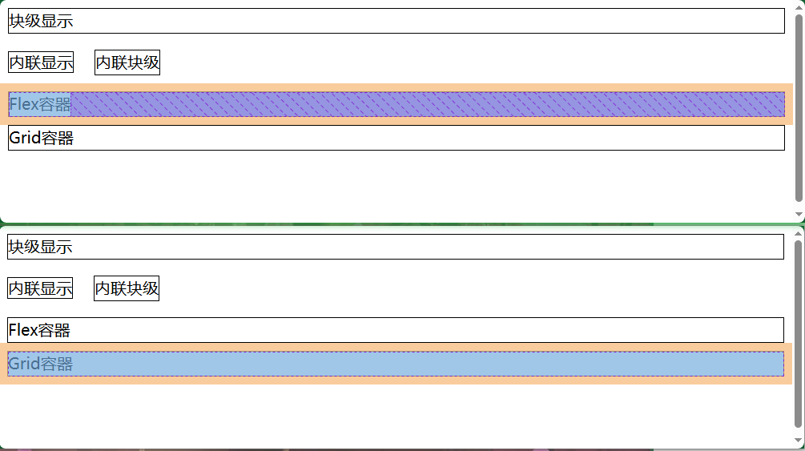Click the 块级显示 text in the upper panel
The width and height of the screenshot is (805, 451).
point(41,22)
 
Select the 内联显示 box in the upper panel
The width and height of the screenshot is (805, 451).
point(41,62)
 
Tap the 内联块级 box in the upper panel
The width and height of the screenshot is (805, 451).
point(127,62)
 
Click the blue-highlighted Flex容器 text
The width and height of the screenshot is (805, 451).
point(40,104)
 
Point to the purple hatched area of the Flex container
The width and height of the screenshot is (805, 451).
point(425,104)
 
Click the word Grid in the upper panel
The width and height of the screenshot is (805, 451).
point(23,138)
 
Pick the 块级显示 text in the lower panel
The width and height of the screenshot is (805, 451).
point(41,248)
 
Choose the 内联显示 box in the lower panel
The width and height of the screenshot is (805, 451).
point(40,288)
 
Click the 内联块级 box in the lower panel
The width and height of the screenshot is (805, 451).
point(127,288)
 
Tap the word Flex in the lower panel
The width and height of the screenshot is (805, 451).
point(22,329)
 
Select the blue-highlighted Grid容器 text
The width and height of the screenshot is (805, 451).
point(41,364)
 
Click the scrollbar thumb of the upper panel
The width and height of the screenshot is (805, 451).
point(799,104)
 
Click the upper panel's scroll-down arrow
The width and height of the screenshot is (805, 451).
point(799,215)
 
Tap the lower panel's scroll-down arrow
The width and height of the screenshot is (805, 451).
point(798,441)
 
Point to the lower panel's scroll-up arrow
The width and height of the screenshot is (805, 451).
point(798,232)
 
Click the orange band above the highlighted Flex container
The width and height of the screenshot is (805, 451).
point(400,87)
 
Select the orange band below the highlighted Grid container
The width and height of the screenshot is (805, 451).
point(400,381)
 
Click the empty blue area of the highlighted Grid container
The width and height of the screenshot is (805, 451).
point(425,364)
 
